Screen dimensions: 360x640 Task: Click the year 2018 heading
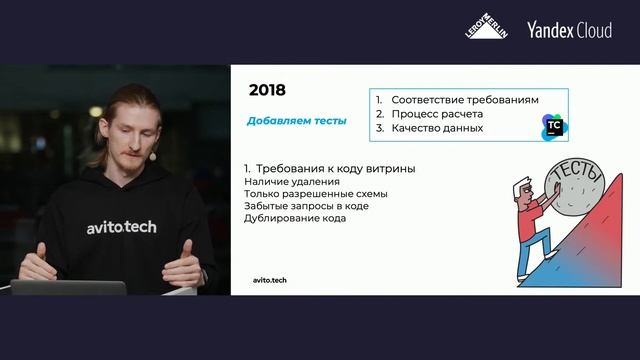point(267,90)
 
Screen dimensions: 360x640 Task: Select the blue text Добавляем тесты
point(296,122)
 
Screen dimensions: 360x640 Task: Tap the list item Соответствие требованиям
point(464,100)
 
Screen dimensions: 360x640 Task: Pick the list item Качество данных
point(437,128)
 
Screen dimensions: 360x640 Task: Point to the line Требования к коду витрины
point(329,168)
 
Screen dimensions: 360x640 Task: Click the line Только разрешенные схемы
point(315,193)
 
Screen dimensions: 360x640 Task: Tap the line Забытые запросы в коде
point(306,206)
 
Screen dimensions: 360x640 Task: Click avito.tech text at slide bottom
point(269,280)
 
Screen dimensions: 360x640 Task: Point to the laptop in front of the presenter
point(70,287)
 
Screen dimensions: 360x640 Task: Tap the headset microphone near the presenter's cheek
point(152,157)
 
